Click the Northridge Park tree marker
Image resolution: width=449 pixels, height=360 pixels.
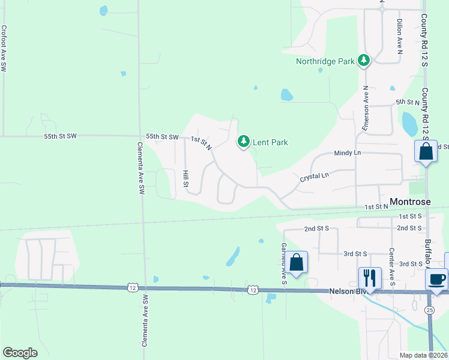363,60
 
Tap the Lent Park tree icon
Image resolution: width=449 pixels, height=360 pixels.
243,142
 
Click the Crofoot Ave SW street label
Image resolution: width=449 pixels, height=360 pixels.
4,49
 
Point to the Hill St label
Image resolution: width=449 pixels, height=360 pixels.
185,179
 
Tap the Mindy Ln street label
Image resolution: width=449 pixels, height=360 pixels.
348,153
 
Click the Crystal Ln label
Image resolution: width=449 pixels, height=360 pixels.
315,177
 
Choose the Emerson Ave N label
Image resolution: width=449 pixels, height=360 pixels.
366,108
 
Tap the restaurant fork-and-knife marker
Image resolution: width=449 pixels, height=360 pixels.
369,278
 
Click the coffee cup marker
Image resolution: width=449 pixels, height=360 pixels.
436,279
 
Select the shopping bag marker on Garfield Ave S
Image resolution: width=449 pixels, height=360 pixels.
296,262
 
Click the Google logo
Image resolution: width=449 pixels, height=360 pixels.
20,353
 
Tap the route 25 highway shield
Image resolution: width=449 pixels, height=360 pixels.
429,310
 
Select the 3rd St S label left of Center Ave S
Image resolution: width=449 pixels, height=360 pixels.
355,254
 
